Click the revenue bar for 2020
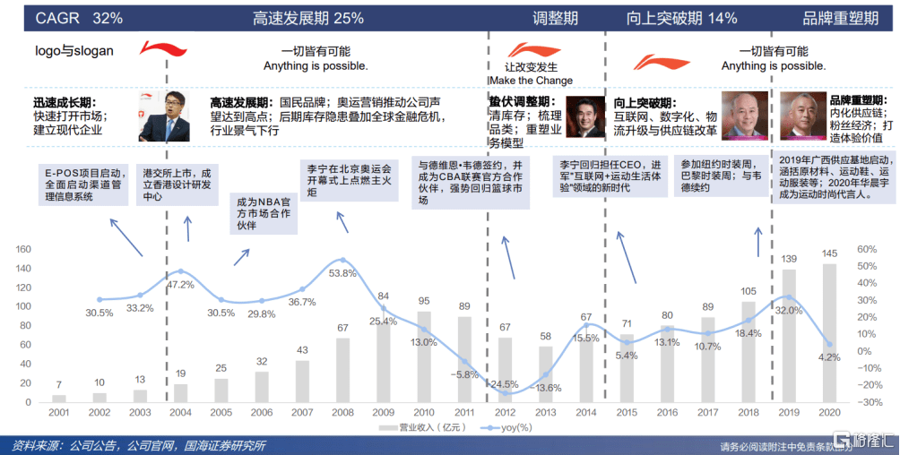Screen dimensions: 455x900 [x=830, y=332]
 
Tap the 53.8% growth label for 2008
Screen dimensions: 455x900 [x=342, y=272]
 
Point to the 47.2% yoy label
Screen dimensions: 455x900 [x=181, y=284]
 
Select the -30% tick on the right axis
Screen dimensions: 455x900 [x=868, y=402]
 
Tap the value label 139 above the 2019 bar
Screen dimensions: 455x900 [x=790, y=259]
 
